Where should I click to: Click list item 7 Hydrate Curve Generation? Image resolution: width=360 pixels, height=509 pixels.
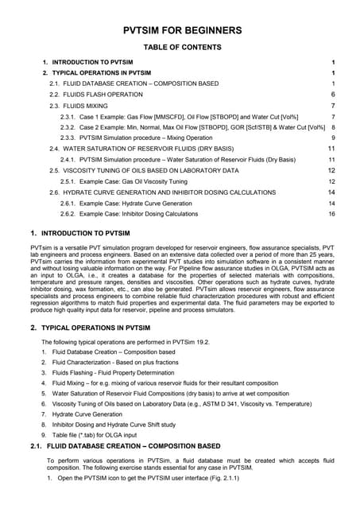pyautogui.click(x=87, y=414)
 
